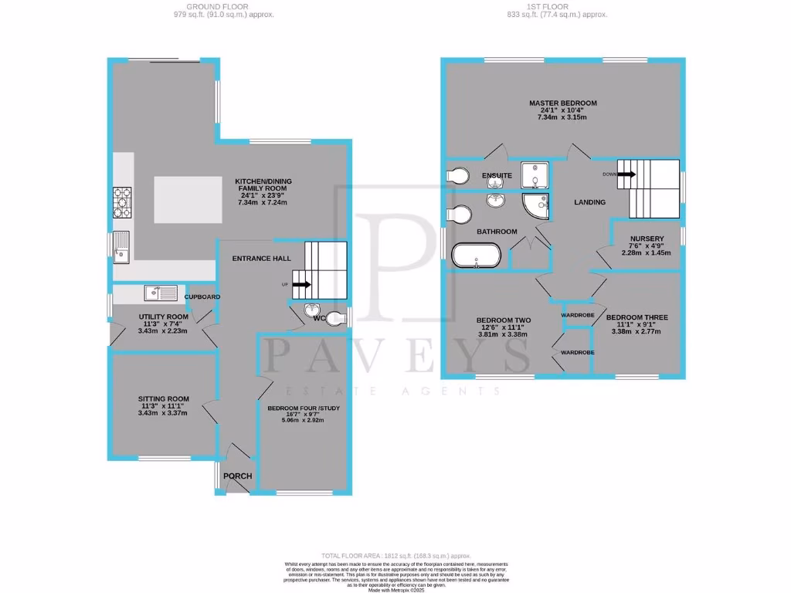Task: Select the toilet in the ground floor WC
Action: point(334,317)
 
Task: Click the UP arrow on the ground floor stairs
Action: point(302,284)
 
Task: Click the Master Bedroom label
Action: point(562,103)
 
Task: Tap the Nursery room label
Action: point(647,239)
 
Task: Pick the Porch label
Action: point(237,476)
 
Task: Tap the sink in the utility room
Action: point(161,293)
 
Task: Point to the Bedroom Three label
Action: point(637,317)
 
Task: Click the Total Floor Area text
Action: point(395,556)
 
